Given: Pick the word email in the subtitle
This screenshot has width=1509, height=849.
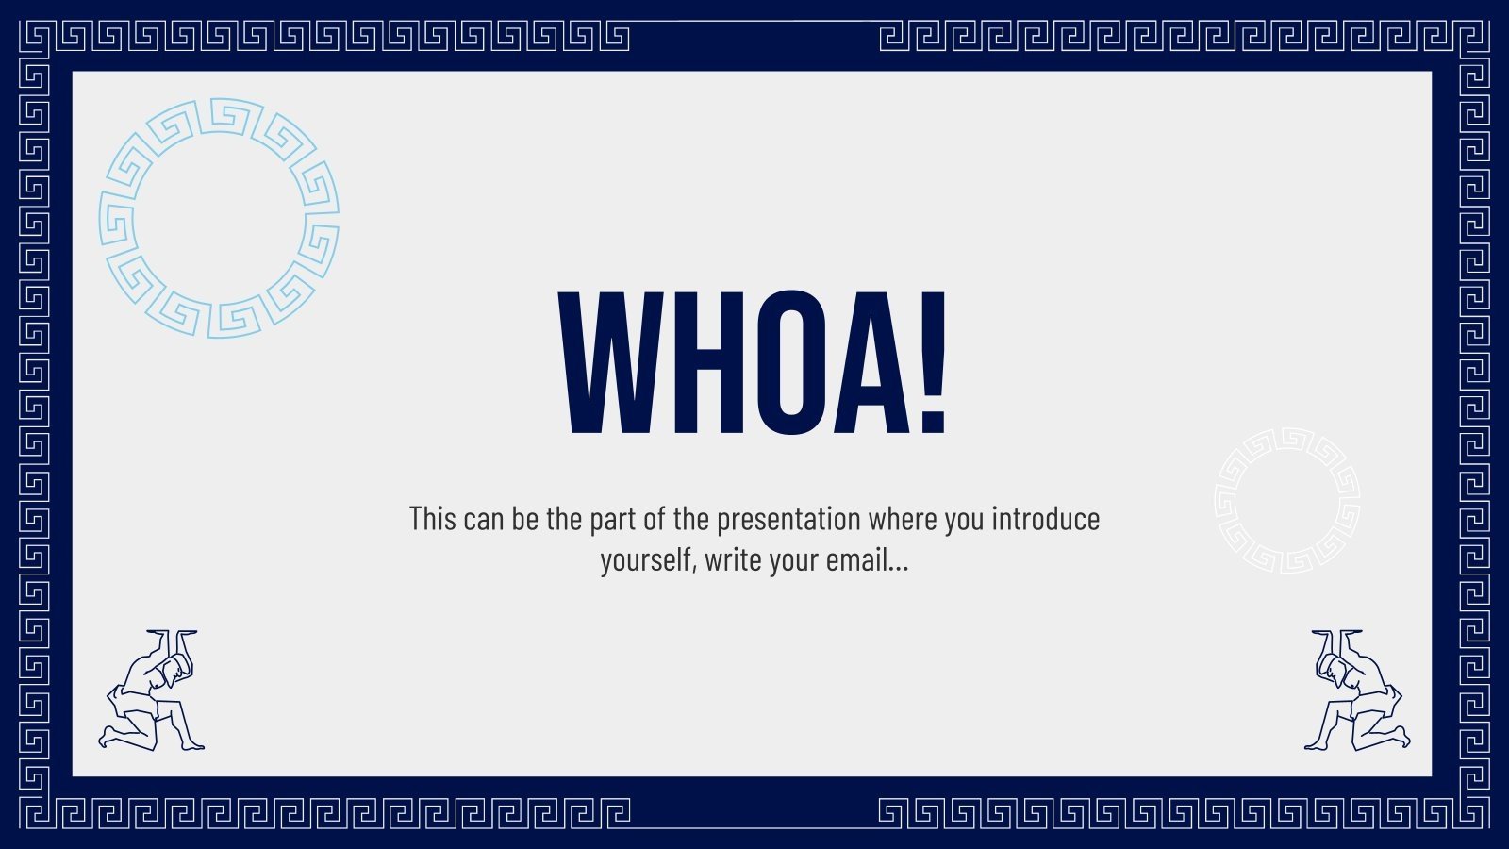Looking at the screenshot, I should tap(866, 560).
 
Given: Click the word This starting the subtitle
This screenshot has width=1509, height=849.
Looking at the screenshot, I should tap(433, 519).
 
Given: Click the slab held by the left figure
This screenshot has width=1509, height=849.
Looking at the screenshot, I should tap(172, 632).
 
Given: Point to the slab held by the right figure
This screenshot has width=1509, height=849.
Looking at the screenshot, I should tap(1337, 632).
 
